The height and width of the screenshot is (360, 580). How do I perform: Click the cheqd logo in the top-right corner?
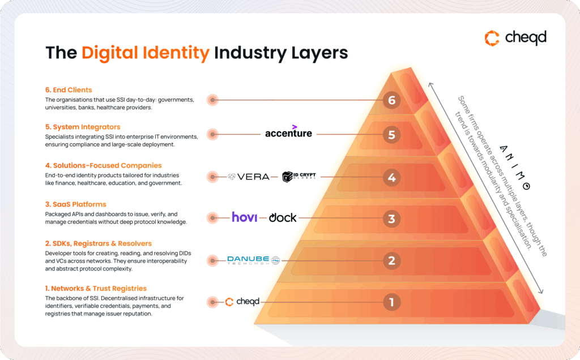pos(515,38)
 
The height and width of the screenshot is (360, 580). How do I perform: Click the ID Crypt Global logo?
pos(298,177)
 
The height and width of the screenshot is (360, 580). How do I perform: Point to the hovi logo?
pos(244,217)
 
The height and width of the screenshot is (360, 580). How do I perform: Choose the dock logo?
pos(283,217)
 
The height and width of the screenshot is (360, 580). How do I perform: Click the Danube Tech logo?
pos(253,260)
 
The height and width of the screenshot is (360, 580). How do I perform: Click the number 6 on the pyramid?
pos(391,101)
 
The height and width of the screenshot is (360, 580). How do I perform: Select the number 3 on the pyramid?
pos(391,218)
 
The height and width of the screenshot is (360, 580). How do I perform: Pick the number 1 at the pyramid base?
pos(391,302)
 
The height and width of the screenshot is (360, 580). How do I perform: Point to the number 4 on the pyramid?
pos(391,178)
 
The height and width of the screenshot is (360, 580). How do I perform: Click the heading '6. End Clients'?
pos(69,90)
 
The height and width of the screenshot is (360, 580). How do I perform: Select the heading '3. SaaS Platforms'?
pos(76,204)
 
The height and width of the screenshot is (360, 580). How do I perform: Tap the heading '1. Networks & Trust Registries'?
pos(96,288)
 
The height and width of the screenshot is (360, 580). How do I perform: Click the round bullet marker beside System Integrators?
pos(212,135)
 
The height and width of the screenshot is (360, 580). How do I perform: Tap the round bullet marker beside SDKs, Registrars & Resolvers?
pos(212,261)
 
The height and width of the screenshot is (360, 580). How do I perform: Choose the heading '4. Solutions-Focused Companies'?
pos(104,165)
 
